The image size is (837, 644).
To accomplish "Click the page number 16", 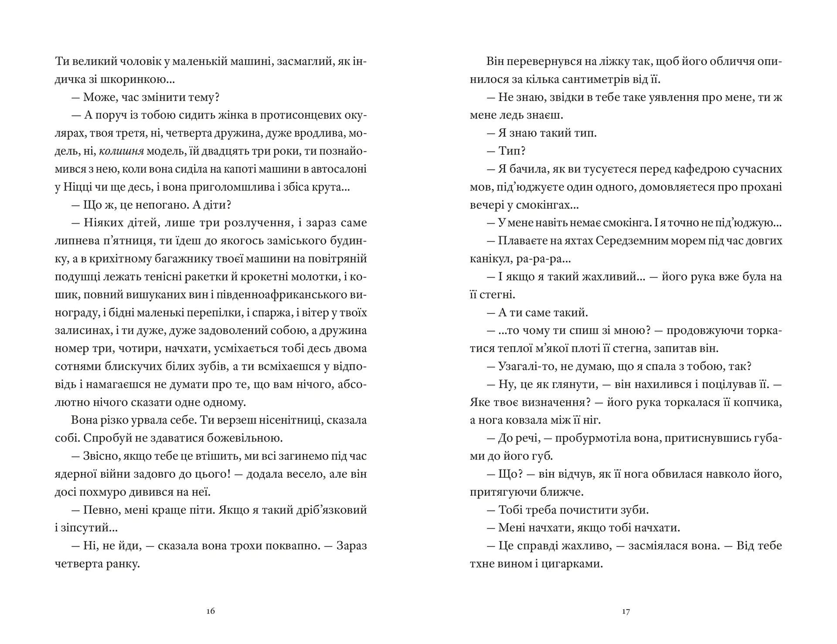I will point(211,611).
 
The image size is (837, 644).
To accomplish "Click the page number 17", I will point(626,611).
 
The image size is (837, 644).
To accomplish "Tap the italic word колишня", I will point(122,151).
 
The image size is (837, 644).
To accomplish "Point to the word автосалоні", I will point(334,169).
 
